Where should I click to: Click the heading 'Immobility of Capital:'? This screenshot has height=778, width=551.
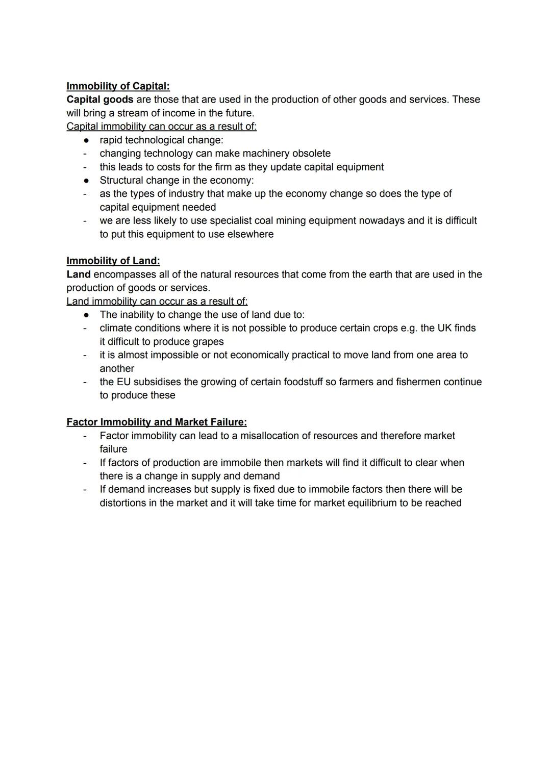point(118,86)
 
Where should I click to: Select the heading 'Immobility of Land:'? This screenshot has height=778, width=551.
point(113,261)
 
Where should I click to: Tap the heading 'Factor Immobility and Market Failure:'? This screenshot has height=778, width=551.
point(157,422)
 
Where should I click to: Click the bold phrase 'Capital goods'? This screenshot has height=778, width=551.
point(99,99)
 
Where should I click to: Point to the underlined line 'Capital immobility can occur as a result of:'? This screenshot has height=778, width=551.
point(161,126)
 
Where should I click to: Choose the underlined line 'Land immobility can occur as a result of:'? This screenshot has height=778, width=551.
point(157,301)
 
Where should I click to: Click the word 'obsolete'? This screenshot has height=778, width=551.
point(311,154)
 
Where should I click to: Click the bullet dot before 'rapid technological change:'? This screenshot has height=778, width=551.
point(87,140)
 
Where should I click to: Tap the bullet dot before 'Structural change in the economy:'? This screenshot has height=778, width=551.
point(87,181)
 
